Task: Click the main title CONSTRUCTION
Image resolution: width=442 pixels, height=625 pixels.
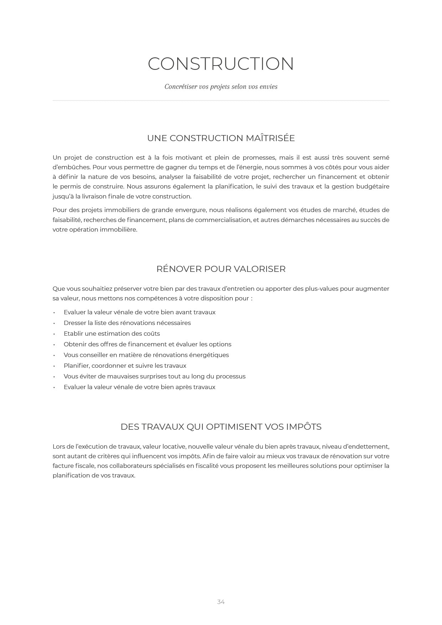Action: (x=221, y=64)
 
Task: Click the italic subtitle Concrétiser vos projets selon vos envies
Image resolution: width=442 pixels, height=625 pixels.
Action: (x=221, y=87)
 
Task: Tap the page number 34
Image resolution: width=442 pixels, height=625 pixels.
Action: (x=221, y=602)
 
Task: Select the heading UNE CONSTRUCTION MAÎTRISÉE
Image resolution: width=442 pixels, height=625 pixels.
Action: (x=221, y=138)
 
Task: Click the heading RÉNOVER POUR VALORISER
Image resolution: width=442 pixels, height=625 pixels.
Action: (x=221, y=269)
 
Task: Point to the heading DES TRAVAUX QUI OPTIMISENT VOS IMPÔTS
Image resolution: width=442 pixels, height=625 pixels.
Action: (x=221, y=427)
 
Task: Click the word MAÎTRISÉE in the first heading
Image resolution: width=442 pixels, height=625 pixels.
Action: (x=270, y=138)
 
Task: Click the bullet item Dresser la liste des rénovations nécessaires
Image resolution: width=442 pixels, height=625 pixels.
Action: (x=127, y=323)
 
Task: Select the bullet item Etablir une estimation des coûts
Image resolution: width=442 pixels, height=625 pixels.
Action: (x=112, y=334)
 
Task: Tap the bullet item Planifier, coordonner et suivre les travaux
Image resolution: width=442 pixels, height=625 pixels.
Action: (x=125, y=366)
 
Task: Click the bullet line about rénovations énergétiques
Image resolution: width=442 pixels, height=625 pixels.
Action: (x=146, y=355)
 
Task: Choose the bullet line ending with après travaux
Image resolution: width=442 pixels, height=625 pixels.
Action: (x=139, y=387)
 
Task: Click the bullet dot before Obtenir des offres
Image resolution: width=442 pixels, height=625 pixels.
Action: (x=54, y=345)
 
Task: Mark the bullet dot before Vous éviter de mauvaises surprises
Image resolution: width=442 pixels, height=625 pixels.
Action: (x=54, y=377)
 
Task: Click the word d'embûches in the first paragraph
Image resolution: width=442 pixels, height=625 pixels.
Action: (x=71, y=167)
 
